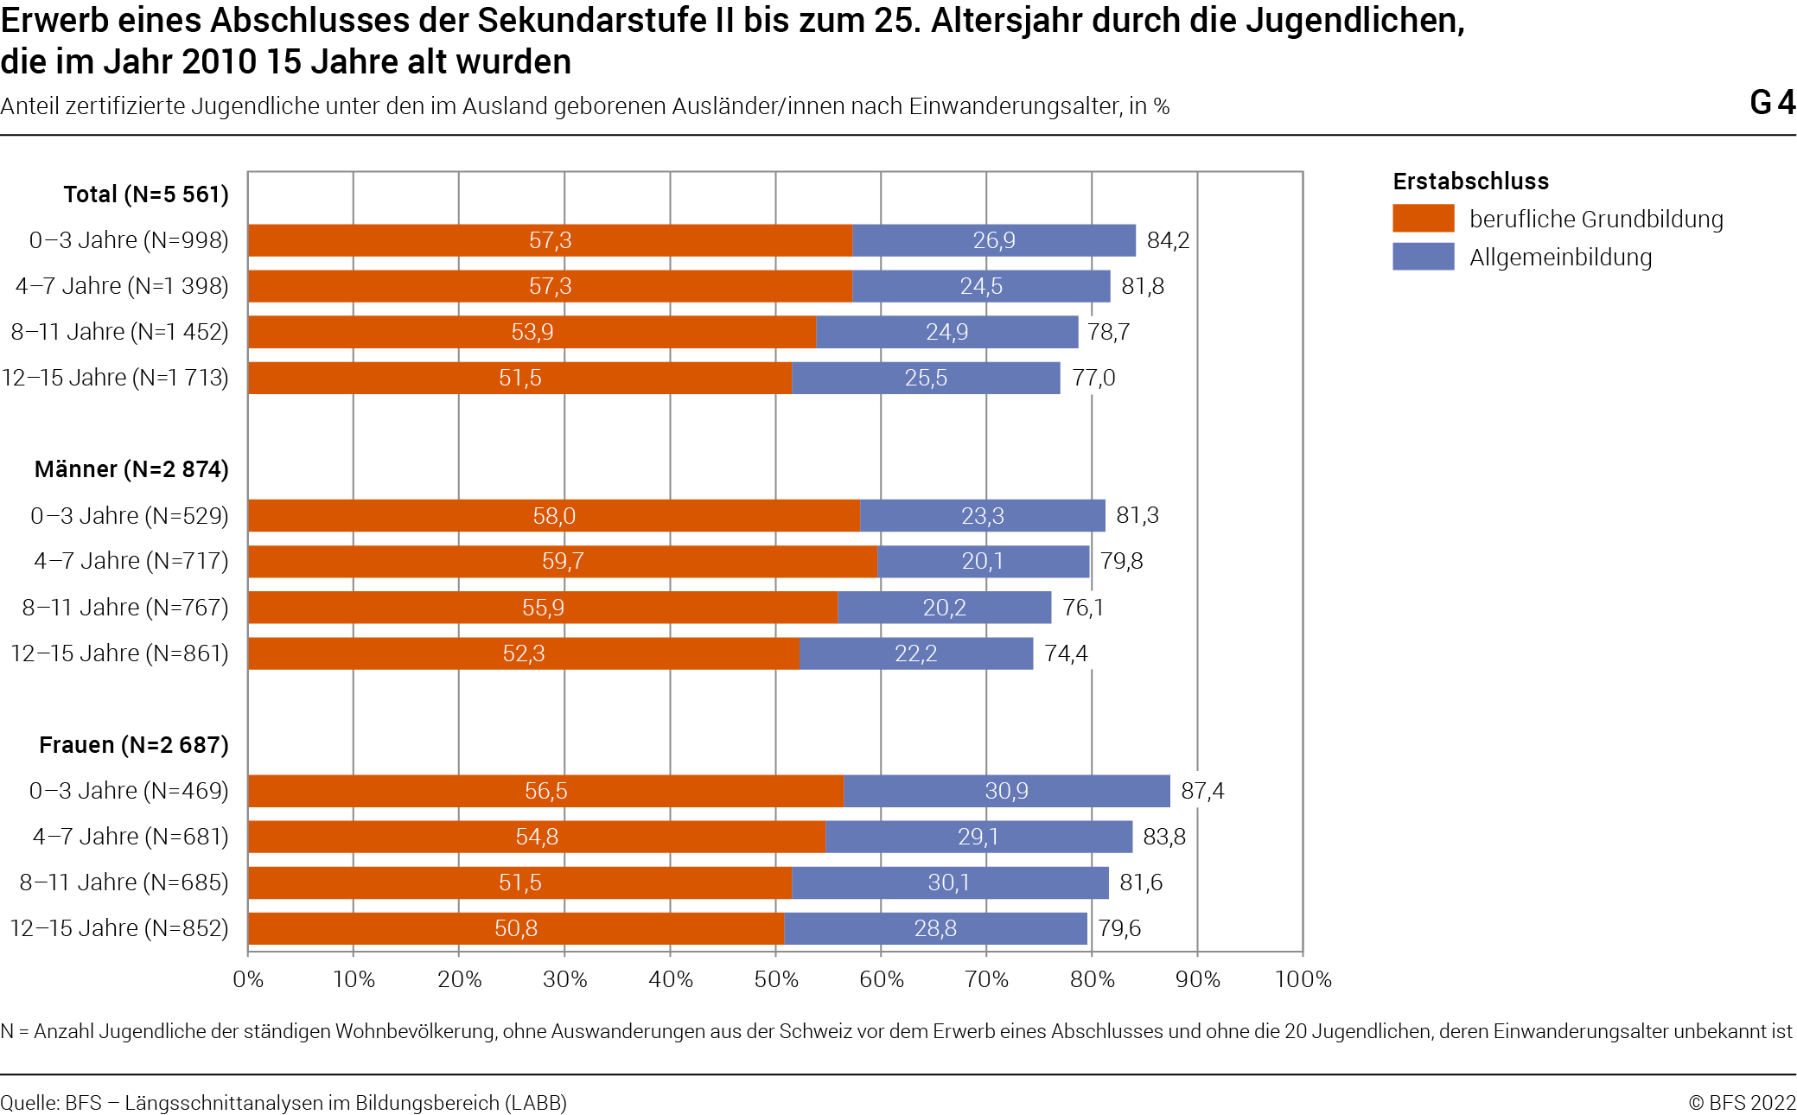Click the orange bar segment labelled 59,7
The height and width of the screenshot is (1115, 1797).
tap(563, 561)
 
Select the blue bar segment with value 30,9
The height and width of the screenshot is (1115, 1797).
tap(1007, 791)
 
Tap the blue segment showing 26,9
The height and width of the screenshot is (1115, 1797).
tap(994, 240)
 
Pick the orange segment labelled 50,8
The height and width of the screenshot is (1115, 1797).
tap(516, 928)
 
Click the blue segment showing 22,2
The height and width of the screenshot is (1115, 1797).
tap(916, 653)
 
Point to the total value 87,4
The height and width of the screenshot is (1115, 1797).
tap(1202, 791)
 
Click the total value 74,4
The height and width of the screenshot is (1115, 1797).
tap(1066, 653)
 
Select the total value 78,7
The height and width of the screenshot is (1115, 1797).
tap(1108, 332)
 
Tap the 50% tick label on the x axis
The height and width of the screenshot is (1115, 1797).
tap(776, 979)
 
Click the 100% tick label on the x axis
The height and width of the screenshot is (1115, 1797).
tap(1303, 979)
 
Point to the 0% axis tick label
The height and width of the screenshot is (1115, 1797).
tap(248, 979)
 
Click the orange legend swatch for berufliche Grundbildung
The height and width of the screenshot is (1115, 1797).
tap(1424, 219)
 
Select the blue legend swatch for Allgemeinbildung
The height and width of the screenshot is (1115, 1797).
tap(1424, 257)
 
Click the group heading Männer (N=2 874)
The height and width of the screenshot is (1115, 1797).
tap(131, 469)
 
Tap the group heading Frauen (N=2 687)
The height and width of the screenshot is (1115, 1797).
tap(134, 745)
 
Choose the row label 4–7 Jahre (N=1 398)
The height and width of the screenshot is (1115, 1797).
tap(122, 286)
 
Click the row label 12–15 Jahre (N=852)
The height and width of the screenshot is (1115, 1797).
tap(119, 928)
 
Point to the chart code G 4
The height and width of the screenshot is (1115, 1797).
tap(1773, 103)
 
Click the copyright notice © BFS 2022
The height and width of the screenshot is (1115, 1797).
tap(1743, 1103)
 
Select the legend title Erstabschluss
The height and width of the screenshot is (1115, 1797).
tap(1471, 182)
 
